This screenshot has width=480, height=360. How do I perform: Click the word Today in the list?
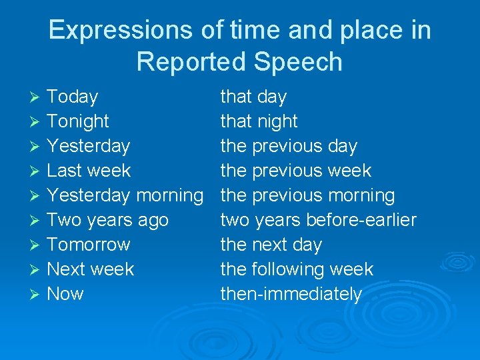(73, 97)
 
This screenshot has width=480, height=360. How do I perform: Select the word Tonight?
(78, 122)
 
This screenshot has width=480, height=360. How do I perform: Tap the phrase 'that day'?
(253, 97)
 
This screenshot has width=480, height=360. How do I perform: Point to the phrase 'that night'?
(259, 122)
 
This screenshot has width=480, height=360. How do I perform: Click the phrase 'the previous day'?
(289, 147)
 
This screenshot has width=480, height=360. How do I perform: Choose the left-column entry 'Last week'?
(89, 171)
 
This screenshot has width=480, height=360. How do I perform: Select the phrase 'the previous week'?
(295, 171)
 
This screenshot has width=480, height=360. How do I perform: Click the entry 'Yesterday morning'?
(125, 196)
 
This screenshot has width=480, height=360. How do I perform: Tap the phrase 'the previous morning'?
(307, 196)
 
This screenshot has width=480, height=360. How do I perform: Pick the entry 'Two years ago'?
(108, 221)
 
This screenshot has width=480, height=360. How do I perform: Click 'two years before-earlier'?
(318, 221)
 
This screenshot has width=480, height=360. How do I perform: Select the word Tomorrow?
(89, 245)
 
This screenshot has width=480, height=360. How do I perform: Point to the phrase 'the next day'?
(271, 245)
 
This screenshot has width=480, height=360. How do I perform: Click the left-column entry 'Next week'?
(91, 270)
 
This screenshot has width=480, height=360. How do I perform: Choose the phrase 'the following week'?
(297, 270)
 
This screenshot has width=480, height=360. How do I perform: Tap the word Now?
(65, 295)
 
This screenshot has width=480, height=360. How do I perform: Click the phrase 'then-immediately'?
(291, 295)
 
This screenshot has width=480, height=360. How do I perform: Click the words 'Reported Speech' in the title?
(239, 62)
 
